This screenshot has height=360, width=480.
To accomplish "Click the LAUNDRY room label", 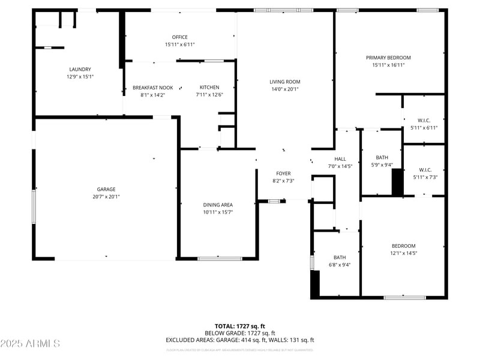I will click(80, 69).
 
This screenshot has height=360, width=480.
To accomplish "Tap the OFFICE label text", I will click(179, 37).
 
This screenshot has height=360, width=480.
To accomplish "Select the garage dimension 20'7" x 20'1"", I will click(106, 197).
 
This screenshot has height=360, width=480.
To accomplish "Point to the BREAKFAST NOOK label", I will click(152, 88).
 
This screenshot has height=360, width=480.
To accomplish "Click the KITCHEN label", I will click(209, 87).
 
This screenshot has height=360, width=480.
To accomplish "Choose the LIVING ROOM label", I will click(284, 82).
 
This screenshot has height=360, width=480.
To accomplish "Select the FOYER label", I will click(283, 173).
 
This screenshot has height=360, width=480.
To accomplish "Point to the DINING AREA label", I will click(218, 205).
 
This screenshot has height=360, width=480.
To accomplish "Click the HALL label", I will click(339, 159).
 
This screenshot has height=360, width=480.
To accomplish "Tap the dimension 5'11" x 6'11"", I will click(424, 128).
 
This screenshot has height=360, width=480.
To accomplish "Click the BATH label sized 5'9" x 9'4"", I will click(382, 158).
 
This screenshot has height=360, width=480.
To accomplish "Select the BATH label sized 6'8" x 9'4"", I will click(340, 257).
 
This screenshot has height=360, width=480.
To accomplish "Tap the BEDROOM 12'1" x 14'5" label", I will click(403, 246).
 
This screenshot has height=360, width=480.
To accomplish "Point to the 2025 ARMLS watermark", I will click(30, 344).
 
